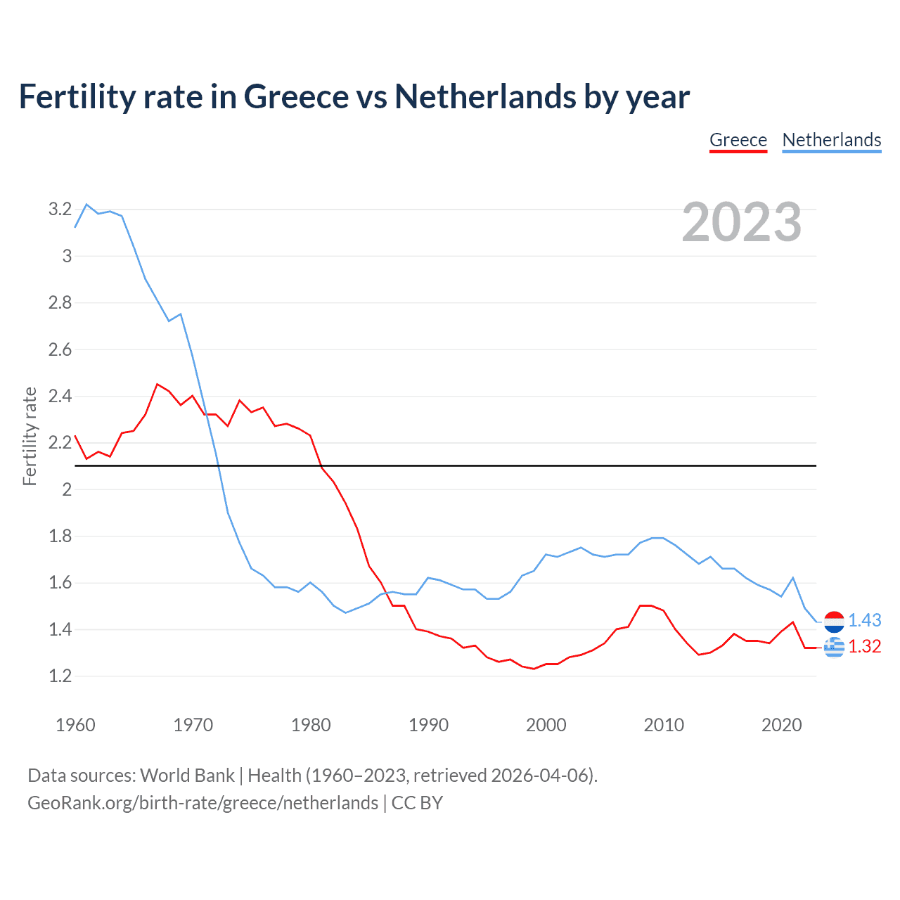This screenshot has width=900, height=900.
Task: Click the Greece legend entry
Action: (x=738, y=140)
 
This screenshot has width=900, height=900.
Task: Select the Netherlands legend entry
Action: (x=831, y=140)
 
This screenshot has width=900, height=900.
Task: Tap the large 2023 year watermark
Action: (x=742, y=222)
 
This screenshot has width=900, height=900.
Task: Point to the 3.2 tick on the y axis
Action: (x=60, y=209)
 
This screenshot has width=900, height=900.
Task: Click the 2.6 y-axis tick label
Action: (x=60, y=349)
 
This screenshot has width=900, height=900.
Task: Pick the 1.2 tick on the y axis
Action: (x=60, y=676)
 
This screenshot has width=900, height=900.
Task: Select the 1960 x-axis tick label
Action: (x=75, y=725)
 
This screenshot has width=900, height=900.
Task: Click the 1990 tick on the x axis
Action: (x=428, y=725)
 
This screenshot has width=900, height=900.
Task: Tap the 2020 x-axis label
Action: (x=781, y=725)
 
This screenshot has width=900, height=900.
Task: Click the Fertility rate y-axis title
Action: (x=30, y=436)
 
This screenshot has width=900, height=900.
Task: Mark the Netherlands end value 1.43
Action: (x=864, y=620)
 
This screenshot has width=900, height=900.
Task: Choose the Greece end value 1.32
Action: (x=864, y=646)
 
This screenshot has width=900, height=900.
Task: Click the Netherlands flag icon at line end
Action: (x=834, y=622)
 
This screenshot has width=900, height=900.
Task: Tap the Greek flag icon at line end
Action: (x=834, y=647)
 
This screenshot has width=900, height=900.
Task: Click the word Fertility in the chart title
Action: (x=76, y=97)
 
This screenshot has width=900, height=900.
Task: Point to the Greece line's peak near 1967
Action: (x=157, y=385)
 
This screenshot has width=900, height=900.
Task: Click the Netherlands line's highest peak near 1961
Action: (x=86, y=205)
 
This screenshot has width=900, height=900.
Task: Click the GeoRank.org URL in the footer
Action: (x=202, y=803)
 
